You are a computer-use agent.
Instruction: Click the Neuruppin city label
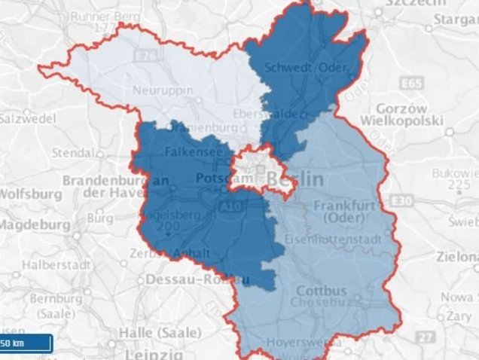(x=163, y=90)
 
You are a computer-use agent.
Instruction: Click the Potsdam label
(x=217, y=178)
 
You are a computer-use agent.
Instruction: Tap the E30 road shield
(x=402, y=201)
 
